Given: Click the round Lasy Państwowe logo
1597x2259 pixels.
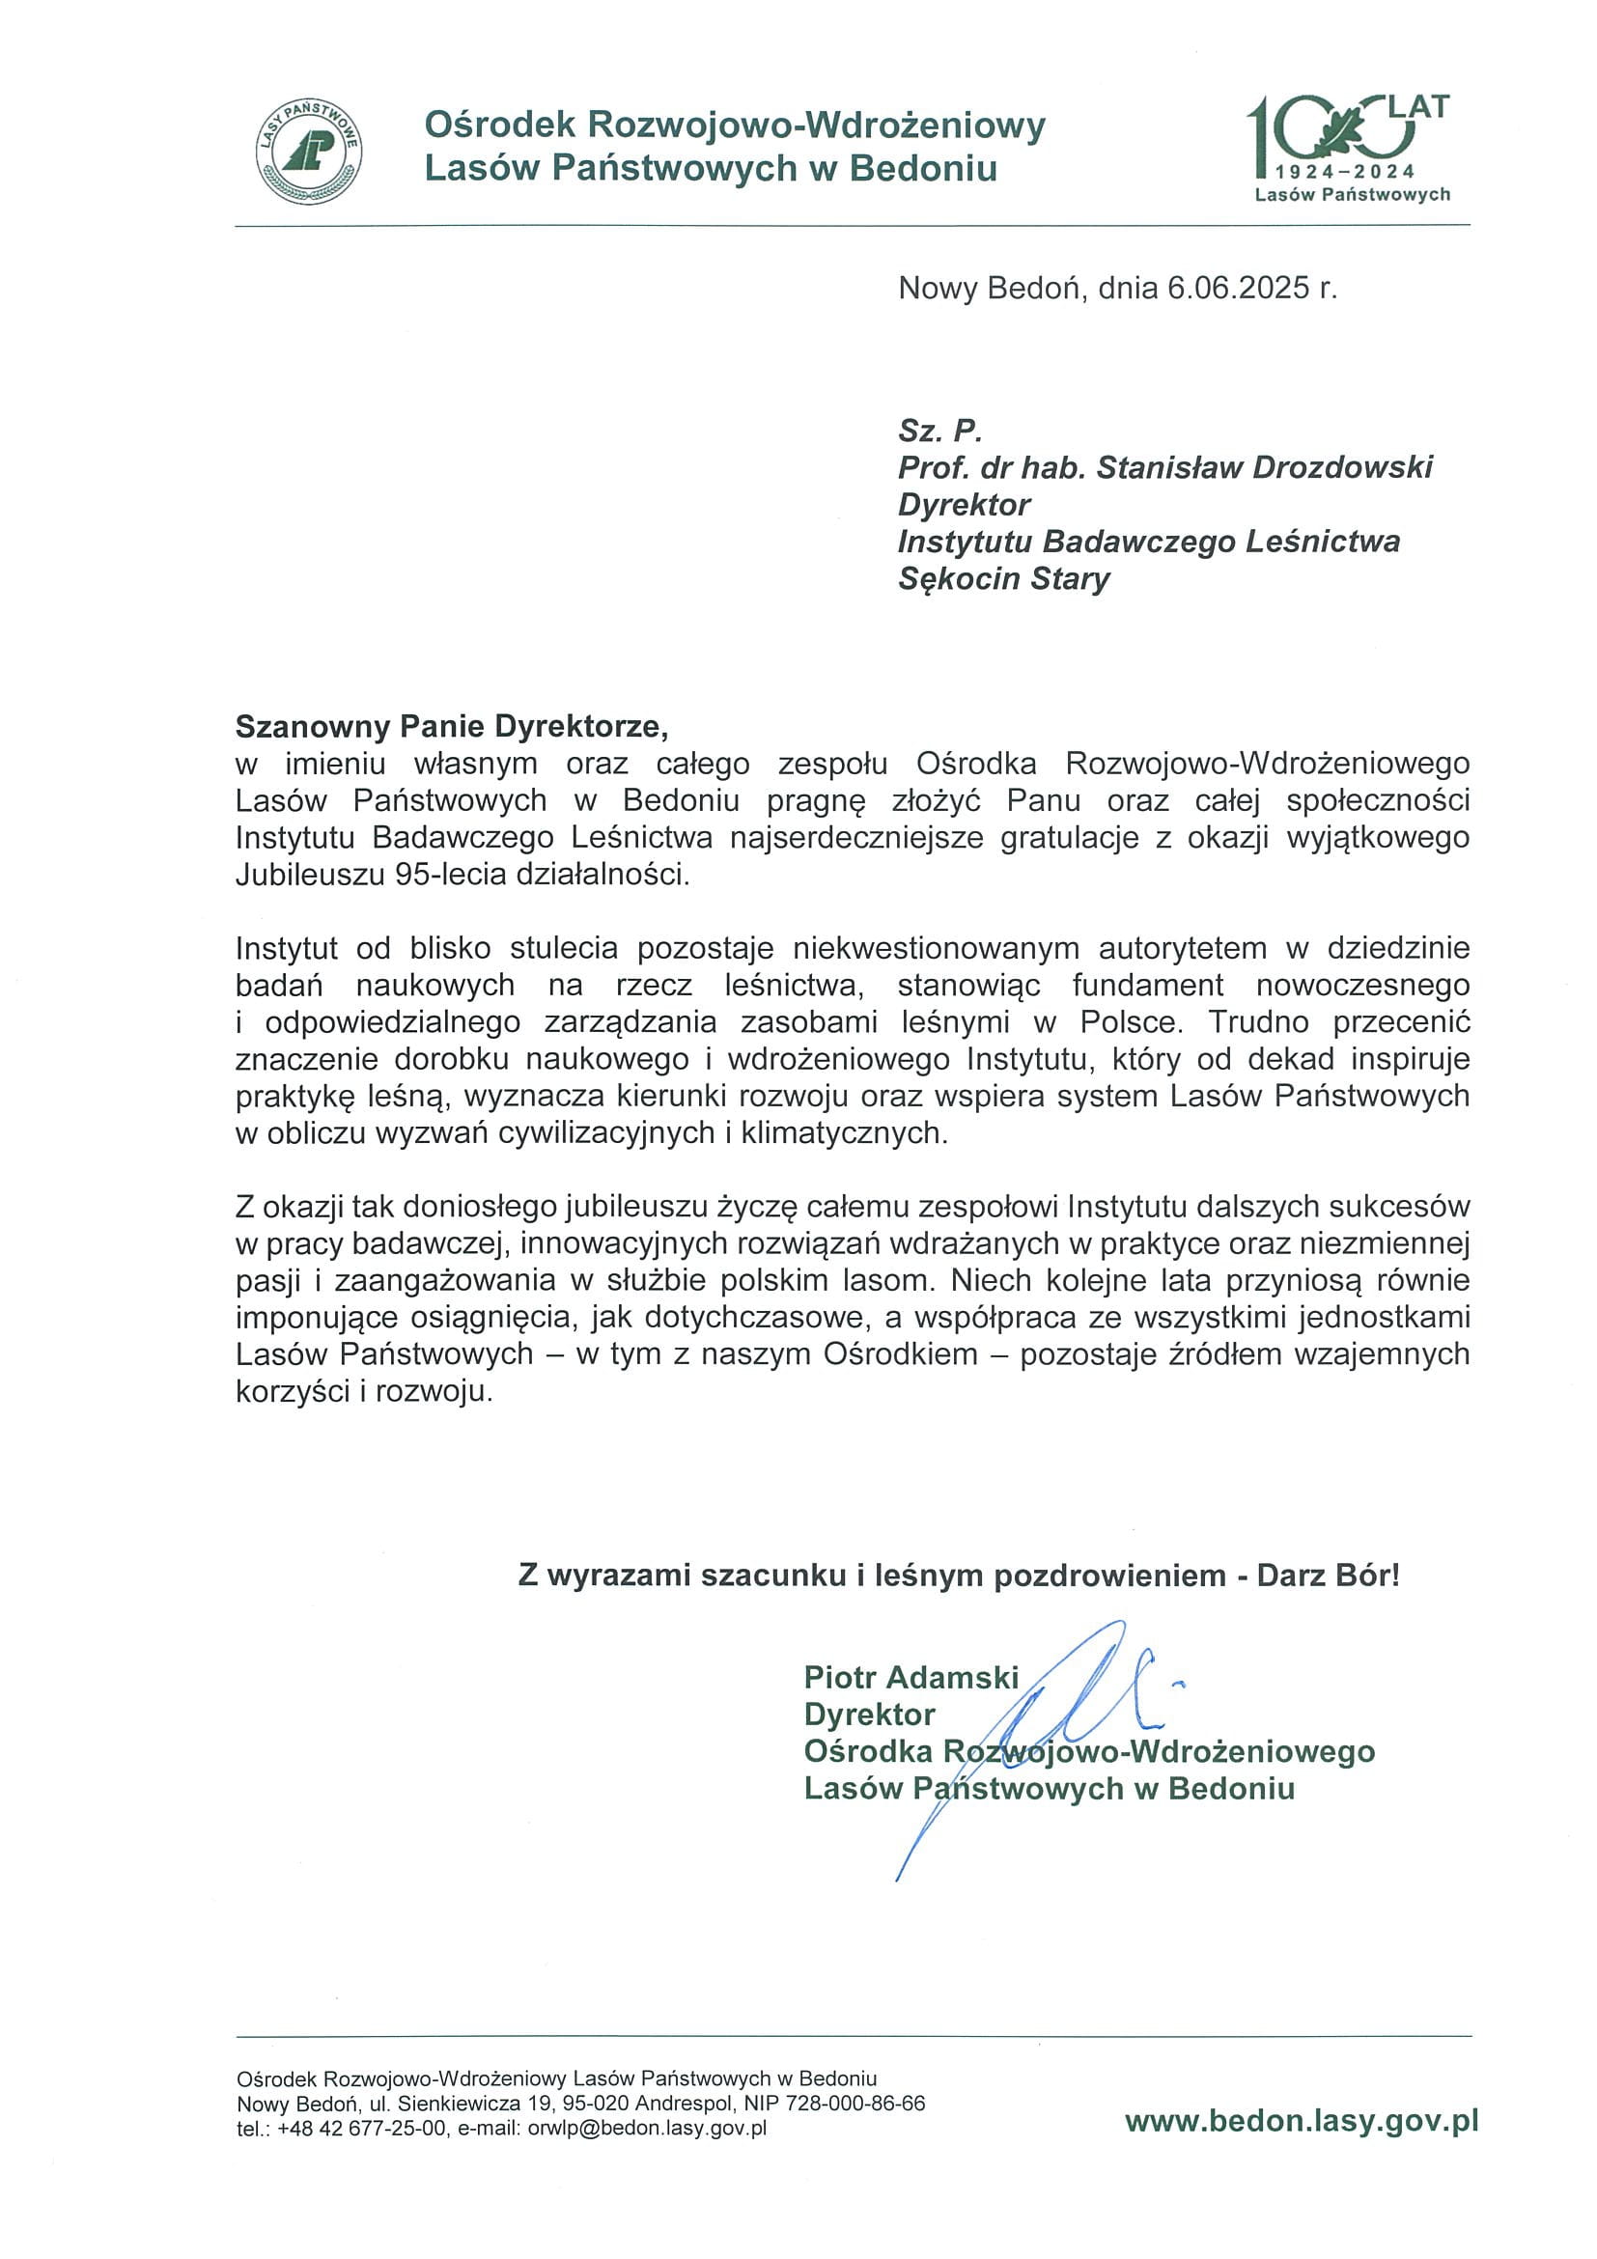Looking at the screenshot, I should (x=308, y=153).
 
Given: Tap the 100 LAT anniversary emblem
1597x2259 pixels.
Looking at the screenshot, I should (x=1349, y=148).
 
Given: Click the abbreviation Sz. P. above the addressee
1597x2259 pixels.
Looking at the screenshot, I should (x=939, y=430).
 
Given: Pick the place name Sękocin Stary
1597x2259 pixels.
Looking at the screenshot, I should (x=1003, y=578).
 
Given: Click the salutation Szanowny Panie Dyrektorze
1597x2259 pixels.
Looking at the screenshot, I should (x=452, y=726).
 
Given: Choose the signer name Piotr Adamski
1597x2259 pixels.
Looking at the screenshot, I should (x=911, y=1677).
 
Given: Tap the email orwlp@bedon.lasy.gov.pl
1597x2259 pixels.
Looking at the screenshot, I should (x=647, y=2129).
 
